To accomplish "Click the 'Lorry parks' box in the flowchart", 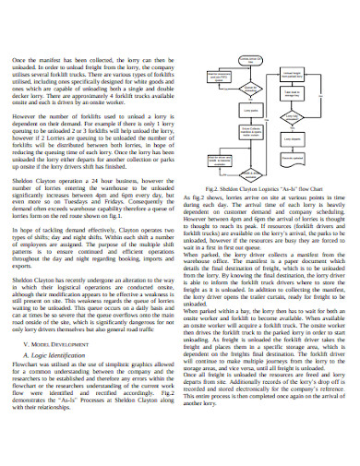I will point(225,111).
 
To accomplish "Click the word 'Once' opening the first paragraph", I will point(20,60).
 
